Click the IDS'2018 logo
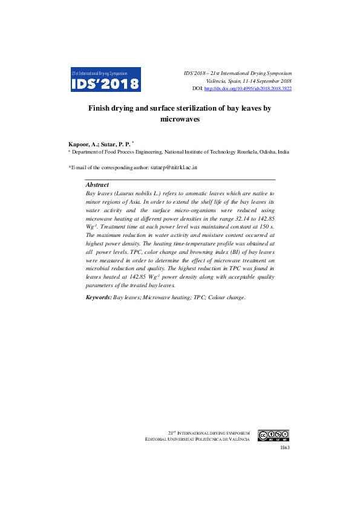[x=106, y=79]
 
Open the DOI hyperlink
[x=248, y=88]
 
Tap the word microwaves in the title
[x=180, y=120]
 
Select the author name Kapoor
[x=80, y=146]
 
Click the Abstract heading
[x=97, y=184]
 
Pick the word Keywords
[x=99, y=297]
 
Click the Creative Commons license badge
[x=273, y=435]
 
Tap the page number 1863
[x=285, y=448]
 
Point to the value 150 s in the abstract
[x=264, y=225]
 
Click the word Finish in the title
[x=101, y=108]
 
